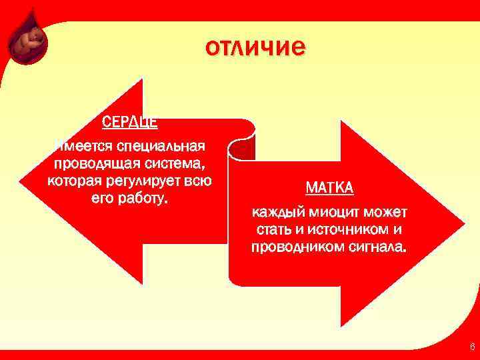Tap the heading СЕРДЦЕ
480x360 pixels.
129,123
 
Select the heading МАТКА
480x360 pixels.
329,188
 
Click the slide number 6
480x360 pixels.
472,347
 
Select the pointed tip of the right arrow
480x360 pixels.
463,224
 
